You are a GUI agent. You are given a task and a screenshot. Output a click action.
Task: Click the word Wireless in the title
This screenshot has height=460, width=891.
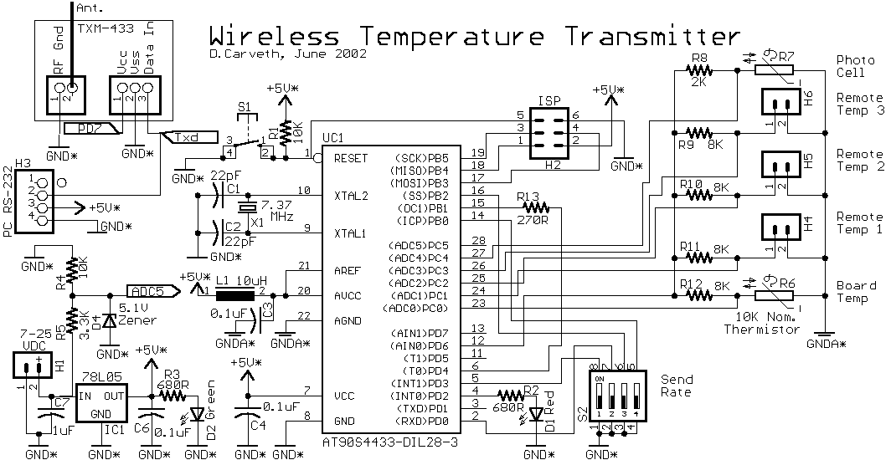click(x=273, y=37)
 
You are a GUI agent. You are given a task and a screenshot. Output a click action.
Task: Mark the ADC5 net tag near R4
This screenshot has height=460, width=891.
click(x=151, y=291)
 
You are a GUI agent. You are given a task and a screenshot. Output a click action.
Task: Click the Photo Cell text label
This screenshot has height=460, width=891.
click(x=854, y=67)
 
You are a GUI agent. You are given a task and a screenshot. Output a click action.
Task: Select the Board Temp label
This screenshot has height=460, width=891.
click(x=856, y=291)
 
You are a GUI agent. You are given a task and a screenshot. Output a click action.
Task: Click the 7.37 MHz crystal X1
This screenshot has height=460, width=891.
click(x=248, y=209)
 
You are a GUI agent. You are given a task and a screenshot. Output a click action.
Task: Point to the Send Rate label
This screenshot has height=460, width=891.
click(x=676, y=386)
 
